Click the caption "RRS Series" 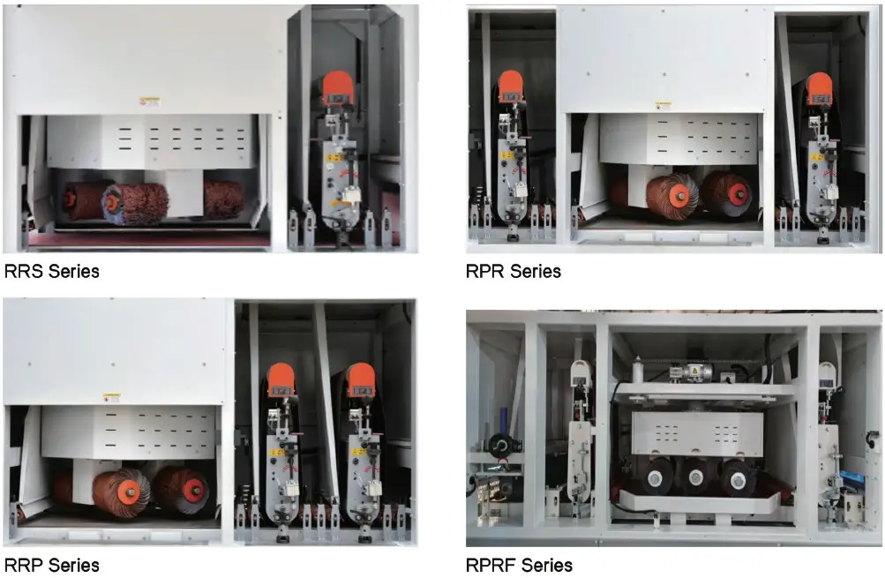[52, 272]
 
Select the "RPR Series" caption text [514, 272]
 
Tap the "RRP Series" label [52, 565]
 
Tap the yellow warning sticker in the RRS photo [149, 102]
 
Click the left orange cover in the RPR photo [511, 86]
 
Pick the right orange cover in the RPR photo [819, 88]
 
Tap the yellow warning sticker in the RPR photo [663, 105]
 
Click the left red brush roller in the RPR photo [671, 195]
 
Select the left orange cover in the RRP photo [281, 379]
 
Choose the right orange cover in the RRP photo [361, 379]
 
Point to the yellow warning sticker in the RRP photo [112, 399]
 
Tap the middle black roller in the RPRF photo [694, 477]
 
